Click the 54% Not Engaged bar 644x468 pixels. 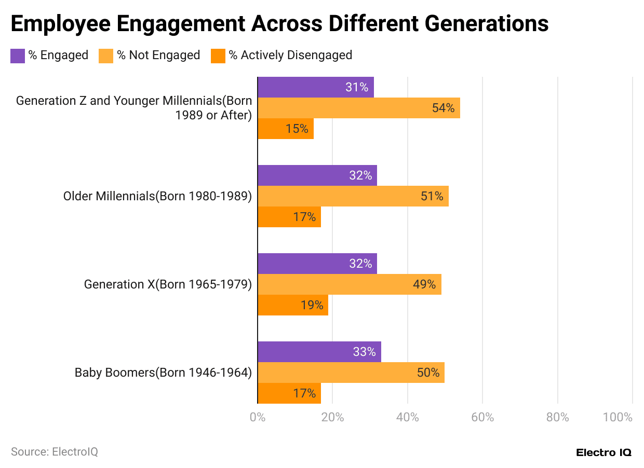pyautogui.click(x=358, y=108)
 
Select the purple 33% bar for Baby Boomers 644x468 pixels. pyautogui.click(x=319, y=352)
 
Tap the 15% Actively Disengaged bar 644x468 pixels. pyautogui.click(x=285, y=129)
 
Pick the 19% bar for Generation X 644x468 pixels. pyautogui.click(x=293, y=305)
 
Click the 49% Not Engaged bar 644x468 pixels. pyautogui.click(x=349, y=284)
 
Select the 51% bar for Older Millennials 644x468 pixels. pyautogui.click(x=353, y=196)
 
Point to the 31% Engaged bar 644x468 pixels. pyautogui.click(x=315, y=87)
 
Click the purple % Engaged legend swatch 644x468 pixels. pyautogui.click(x=18, y=56)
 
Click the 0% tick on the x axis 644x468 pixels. pyautogui.click(x=258, y=417)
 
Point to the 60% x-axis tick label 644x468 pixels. pyautogui.click(x=482, y=417)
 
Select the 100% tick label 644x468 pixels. pyautogui.click(x=618, y=417)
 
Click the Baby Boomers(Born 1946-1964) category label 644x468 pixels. pyautogui.click(x=163, y=373)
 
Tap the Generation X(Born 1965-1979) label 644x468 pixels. pyautogui.click(x=168, y=284)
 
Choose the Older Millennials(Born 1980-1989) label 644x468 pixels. pyautogui.click(x=157, y=196)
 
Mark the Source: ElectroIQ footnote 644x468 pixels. pyautogui.click(x=55, y=452)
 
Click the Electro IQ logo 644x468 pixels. pyautogui.click(x=603, y=452)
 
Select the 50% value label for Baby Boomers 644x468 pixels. pyautogui.click(x=428, y=373)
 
